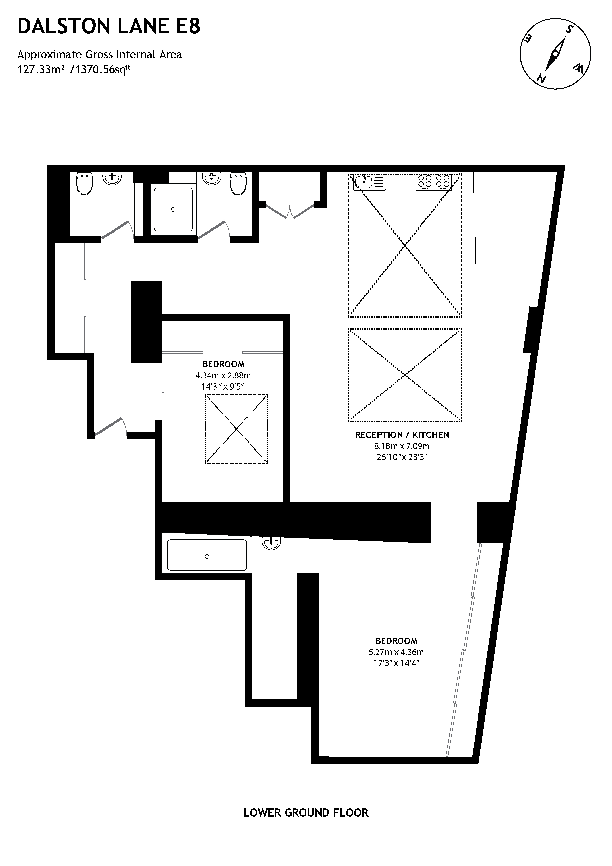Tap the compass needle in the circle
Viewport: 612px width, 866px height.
(555, 54)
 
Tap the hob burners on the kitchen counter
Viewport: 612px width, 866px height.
(434, 182)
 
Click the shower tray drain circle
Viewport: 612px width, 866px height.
(173, 209)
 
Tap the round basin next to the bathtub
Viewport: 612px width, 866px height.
(271, 543)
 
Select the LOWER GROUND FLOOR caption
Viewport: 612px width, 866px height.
(306, 813)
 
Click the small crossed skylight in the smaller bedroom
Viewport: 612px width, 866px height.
(236, 429)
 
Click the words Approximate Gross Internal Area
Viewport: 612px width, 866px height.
(99, 55)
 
